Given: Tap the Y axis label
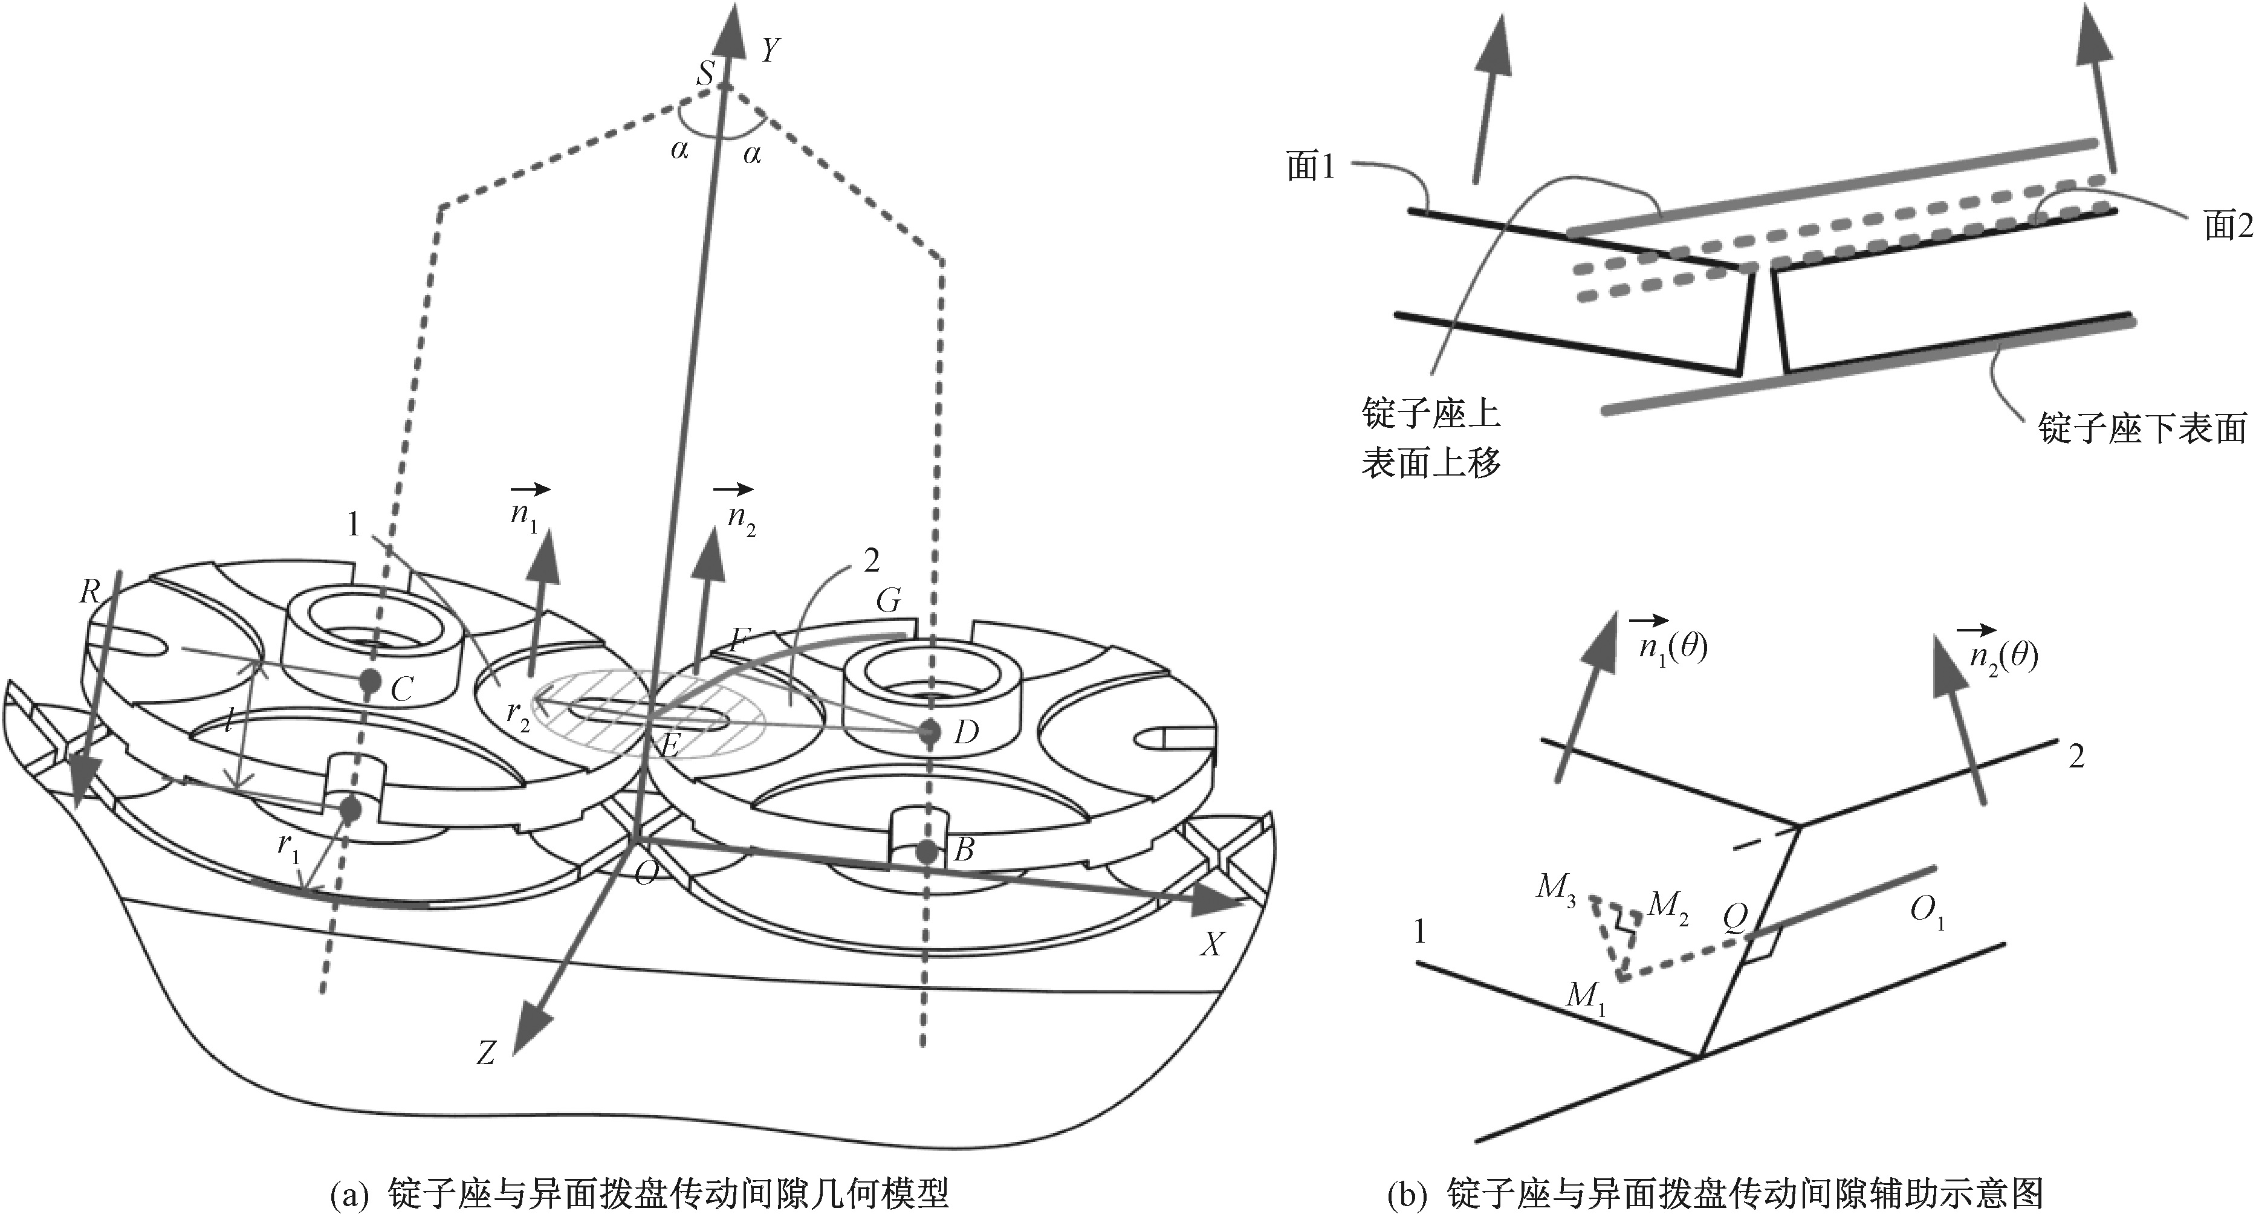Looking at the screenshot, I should (x=770, y=51).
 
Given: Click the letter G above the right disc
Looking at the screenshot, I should (x=888, y=601).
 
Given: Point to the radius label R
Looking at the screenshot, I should (x=90, y=593).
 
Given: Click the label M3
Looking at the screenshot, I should (x=1556, y=888).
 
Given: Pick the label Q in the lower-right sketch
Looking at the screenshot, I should (x=1734, y=917).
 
